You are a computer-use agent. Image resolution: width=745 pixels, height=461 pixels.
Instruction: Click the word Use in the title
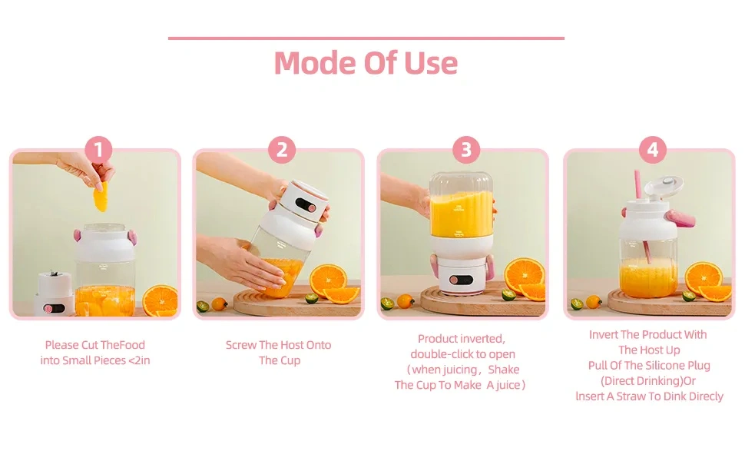tap(430, 63)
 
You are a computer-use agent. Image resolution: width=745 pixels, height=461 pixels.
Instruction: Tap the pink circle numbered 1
tap(98, 150)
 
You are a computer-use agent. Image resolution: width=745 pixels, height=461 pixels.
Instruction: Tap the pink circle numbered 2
tap(281, 150)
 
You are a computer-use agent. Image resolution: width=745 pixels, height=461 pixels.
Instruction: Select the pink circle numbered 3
tap(466, 150)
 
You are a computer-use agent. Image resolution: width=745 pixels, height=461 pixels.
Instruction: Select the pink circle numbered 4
tap(652, 150)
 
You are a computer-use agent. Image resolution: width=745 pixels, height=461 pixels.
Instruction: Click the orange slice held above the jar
tap(101, 199)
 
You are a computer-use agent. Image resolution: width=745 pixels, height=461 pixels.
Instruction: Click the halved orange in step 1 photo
tap(161, 300)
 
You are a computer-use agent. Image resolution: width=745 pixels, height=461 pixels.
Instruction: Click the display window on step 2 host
tap(305, 205)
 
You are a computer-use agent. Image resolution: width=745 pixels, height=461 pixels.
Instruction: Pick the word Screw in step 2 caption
tap(241, 345)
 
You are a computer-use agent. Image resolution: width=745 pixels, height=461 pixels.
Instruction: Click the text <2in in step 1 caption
tap(137, 360)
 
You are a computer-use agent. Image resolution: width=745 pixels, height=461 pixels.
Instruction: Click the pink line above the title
tap(366, 38)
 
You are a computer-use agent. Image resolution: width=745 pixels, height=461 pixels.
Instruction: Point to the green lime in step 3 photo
tap(508, 294)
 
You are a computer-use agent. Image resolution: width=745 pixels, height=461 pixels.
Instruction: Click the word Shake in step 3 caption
tap(504, 370)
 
